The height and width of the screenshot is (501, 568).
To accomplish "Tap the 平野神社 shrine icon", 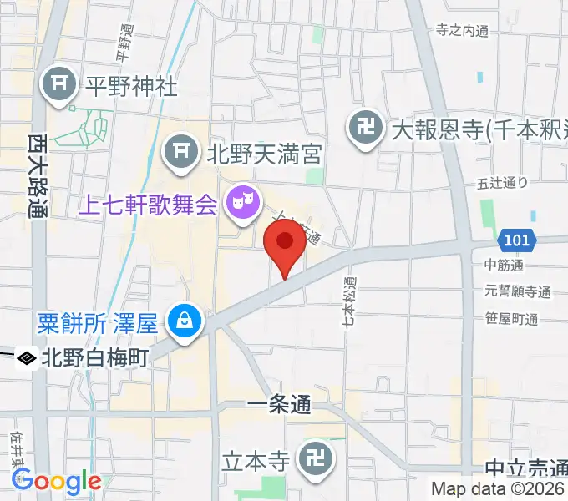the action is click(60, 86).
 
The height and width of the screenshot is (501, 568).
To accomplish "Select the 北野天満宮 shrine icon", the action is click(178, 151).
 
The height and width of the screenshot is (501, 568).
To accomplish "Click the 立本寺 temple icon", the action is click(317, 460).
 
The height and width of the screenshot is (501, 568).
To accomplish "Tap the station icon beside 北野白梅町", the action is click(27, 358).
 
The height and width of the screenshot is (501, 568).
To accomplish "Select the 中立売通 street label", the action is click(525, 468).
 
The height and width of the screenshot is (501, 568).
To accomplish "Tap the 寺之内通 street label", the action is click(462, 30).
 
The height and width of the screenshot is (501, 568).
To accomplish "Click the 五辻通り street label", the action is click(503, 182).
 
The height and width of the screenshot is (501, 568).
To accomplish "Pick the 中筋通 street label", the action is click(504, 266).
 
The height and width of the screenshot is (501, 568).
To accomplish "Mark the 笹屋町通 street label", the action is click(511, 318).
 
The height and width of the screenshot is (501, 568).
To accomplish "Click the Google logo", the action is click(56, 481).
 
